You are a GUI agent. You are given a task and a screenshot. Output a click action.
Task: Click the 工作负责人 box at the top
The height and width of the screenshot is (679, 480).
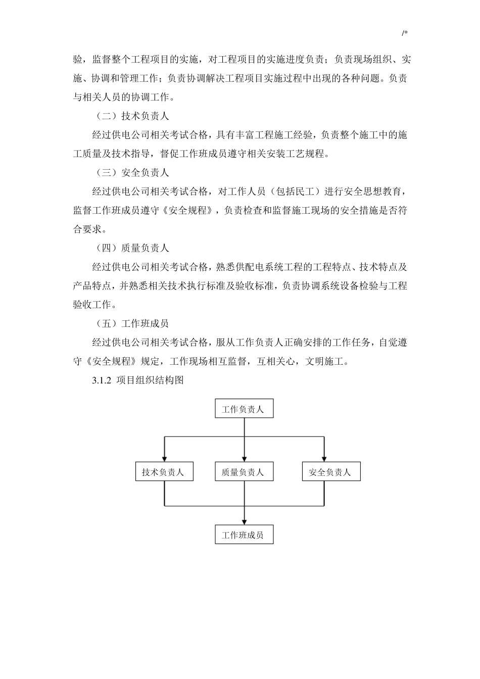(x=244, y=409)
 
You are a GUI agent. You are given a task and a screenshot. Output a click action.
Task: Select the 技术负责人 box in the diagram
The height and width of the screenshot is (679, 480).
(x=164, y=472)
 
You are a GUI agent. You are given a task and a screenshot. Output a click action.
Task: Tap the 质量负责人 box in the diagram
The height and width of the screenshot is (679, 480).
(x=244, y=472)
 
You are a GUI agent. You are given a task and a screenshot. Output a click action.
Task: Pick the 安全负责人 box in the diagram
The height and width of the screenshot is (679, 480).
(x=331, y=472)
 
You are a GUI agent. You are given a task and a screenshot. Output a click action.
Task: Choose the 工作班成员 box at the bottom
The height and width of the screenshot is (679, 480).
(x=244, y=535)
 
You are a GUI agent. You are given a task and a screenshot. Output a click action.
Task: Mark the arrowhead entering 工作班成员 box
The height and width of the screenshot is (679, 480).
(x=244, y=522)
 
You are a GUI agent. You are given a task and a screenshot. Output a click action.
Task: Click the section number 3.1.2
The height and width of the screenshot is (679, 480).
(x=102, y=380)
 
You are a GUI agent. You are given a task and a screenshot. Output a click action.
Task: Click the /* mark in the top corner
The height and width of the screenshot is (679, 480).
(x=405, y=33)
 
